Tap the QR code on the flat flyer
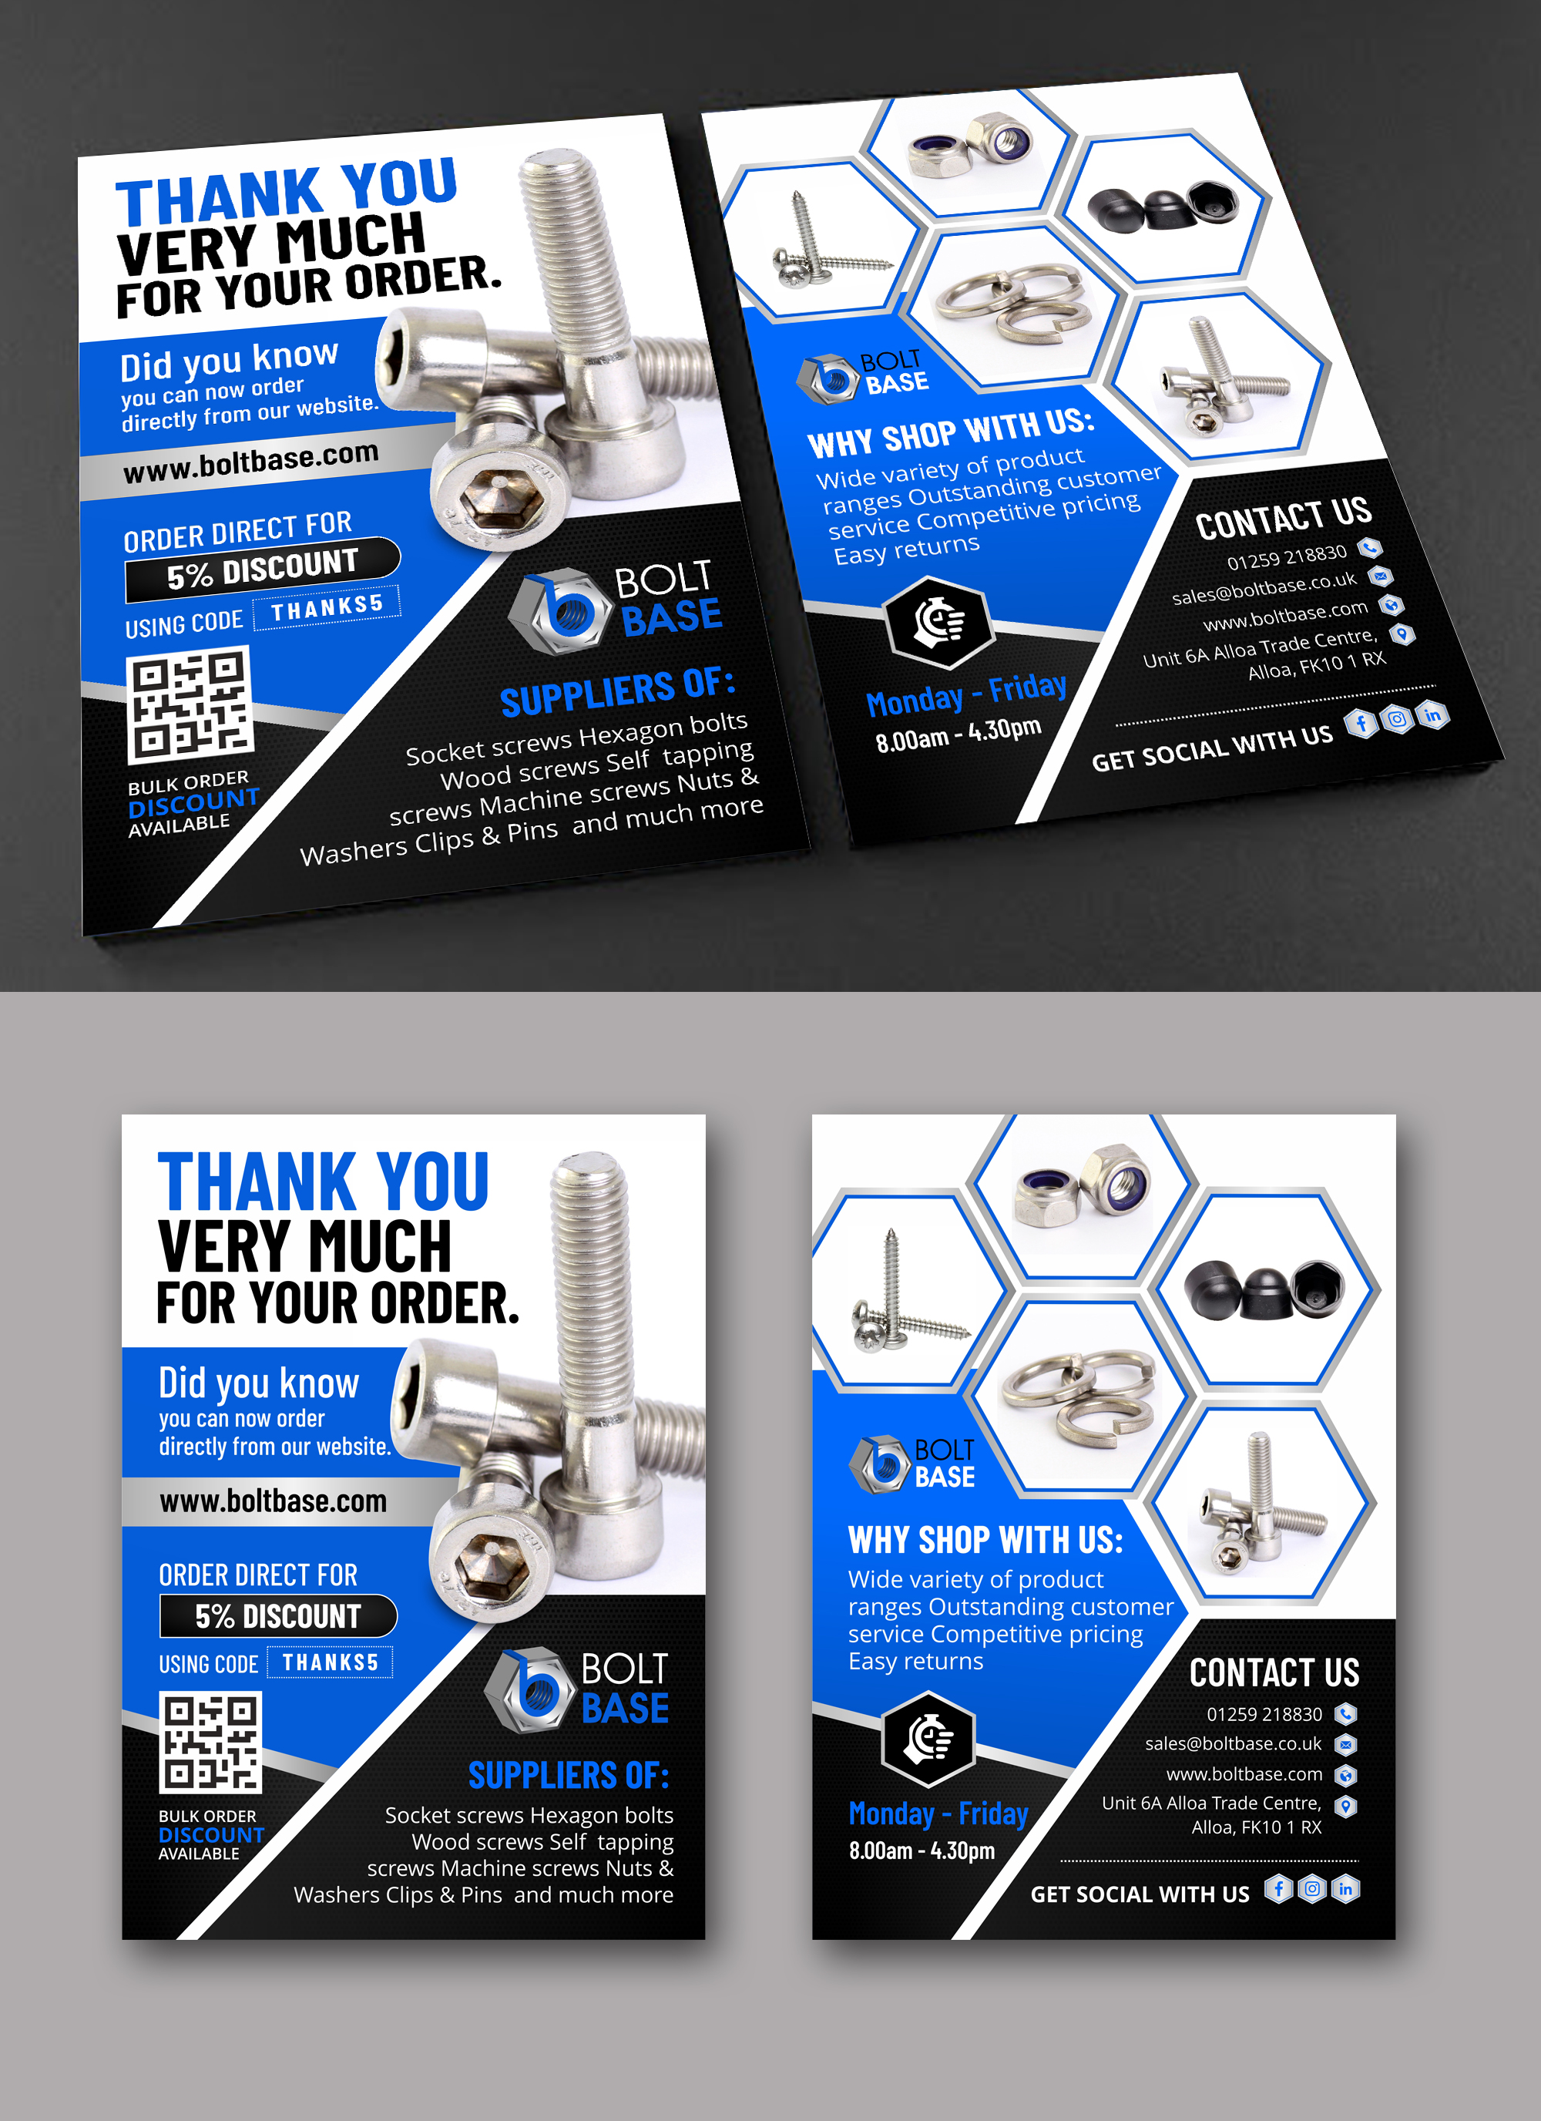pyautogui.click(x=210, y=1741)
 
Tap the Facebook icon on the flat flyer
pyautogui.click(x=1278, y=1889)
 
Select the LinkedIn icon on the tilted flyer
pyautogui.click(x=1432, y=715)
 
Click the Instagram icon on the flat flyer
pyautogui.click(x=1312, y=1889)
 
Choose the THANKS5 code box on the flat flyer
pyautogui.click(x=330, y=1662)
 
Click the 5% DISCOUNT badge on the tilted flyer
pyautogui.click(x=262, y=569)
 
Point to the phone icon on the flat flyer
pyautogui.click(x=1345, y=1714)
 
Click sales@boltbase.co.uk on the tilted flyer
pyautogui.click(x=1264, y=588)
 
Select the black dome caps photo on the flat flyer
pyautogui.click(x=1264, y=1289)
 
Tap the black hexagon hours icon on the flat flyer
pyautogui.click(x=928, y=1739)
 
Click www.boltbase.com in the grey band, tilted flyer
pyautogui.click(x=250, y=462)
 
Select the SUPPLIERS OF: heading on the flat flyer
pyautogui.click(x=569, y=1775)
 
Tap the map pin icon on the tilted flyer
pyautogui.click(x=1402, y=634)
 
